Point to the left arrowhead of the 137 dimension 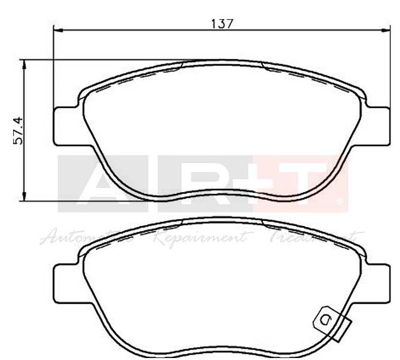[58, 29]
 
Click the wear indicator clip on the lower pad [329, 319]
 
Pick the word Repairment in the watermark [201, 238]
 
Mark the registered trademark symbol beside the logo [339, 202]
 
